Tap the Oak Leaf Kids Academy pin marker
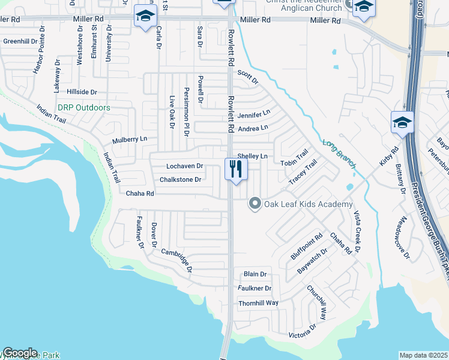(x=255, y=205)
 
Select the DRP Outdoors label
(x=84, y=108)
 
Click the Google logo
(x=20, y=353)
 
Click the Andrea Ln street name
(x=253, y=128)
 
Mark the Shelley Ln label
(x=252, y=156)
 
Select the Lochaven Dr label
(x=185, y=166)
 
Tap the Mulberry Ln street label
(x=130, y=139)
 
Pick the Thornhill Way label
(x=259, y=303)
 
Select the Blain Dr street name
(x=255, y=274)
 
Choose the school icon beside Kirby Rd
(x=402, y=122)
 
